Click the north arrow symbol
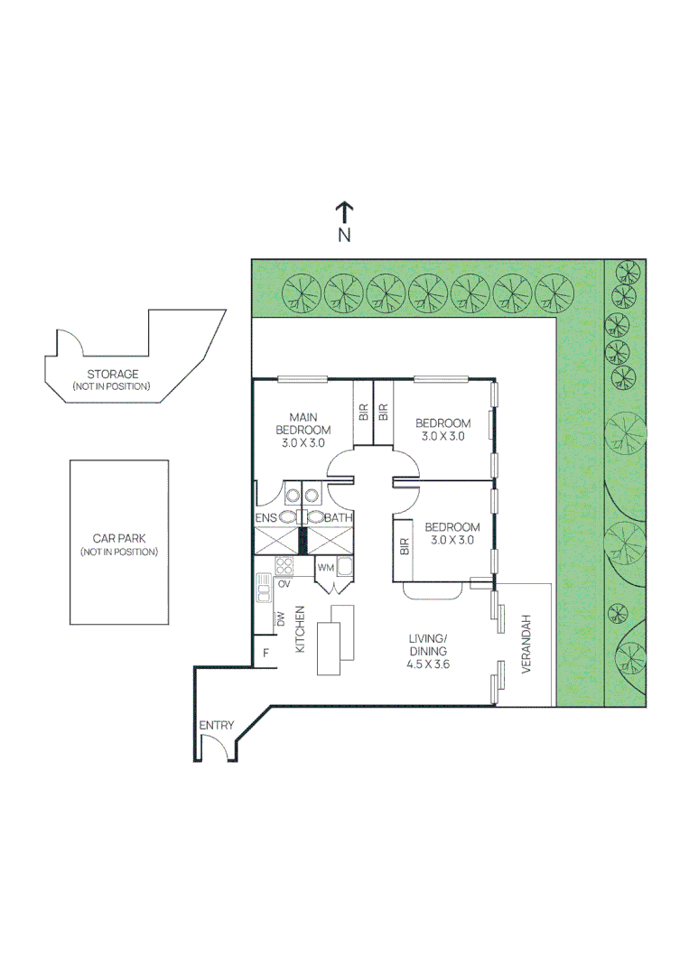(x=344, y=213)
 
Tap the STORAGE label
(x=112, y=374)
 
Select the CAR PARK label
(x=118, y=538)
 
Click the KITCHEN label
(x=301, y=629)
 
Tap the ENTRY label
(x=217, y=725)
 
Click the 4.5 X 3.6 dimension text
(x=428, y=664)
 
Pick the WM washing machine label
(x=325, y=568)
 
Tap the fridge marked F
(x=265, y=653)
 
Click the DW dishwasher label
(x=281, y=619)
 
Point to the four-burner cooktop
(x=284, y=566)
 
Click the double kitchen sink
(x=264, y=589)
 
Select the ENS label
(x=265, y=517)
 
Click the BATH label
(x=338, y=517)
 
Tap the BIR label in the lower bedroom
(x=404, y=545)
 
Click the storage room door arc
(x=70, y=342)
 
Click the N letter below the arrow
(x=344, y=236)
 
